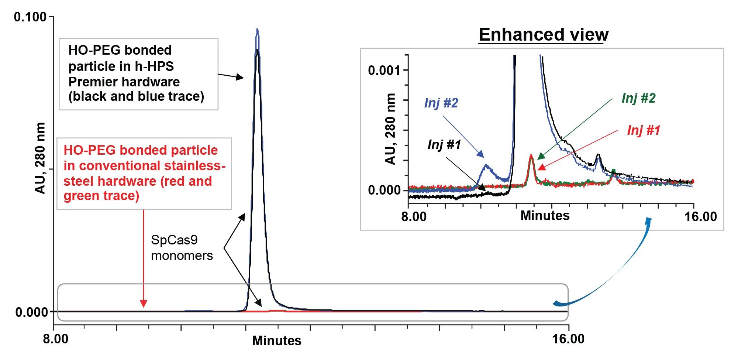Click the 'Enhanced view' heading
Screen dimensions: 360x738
(x=543, y=35)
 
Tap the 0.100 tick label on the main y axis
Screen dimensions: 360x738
(x=30, y=17)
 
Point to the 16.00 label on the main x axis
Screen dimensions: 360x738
(x=568, y=339)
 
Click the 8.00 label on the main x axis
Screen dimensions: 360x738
(x=55, y=339)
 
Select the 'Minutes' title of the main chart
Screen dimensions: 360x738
(x=276, y=340)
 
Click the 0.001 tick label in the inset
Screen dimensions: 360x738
(x=384, y=70)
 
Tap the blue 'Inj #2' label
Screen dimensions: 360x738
(x=441, y=103)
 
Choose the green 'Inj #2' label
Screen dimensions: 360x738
(x=638, y=98)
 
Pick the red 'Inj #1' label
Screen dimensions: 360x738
(x=644, y=130)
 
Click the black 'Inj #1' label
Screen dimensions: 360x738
(x=444, y=144)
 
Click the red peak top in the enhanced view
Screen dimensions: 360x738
(x=531, y=155)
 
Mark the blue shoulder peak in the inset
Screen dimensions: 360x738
(x=487, y=166)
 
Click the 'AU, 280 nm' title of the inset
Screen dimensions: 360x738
(x=390, y=129)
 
